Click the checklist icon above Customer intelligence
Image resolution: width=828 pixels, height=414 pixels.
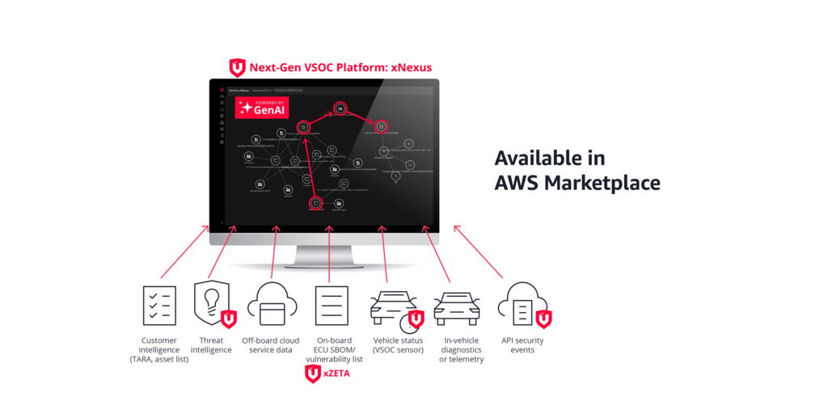point(158,306)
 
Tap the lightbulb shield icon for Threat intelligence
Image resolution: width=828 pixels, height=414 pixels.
point(212,304)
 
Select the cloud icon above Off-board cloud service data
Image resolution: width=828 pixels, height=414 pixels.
point(272,306)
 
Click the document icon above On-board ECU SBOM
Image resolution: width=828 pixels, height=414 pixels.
point(332,306)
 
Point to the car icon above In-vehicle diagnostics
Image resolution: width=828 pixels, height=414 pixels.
point(457,307)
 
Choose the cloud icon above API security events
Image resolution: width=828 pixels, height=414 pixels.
point(522,306)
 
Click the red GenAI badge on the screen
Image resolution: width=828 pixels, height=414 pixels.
point(261,108)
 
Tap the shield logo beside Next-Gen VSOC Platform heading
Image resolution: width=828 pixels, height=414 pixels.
point(237,67)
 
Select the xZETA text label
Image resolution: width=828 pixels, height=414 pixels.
point(336,374)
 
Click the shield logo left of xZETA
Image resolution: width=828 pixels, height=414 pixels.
point(313,374)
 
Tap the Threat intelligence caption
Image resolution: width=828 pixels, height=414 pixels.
point(212,345)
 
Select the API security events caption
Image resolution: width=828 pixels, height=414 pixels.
point(522,345)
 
